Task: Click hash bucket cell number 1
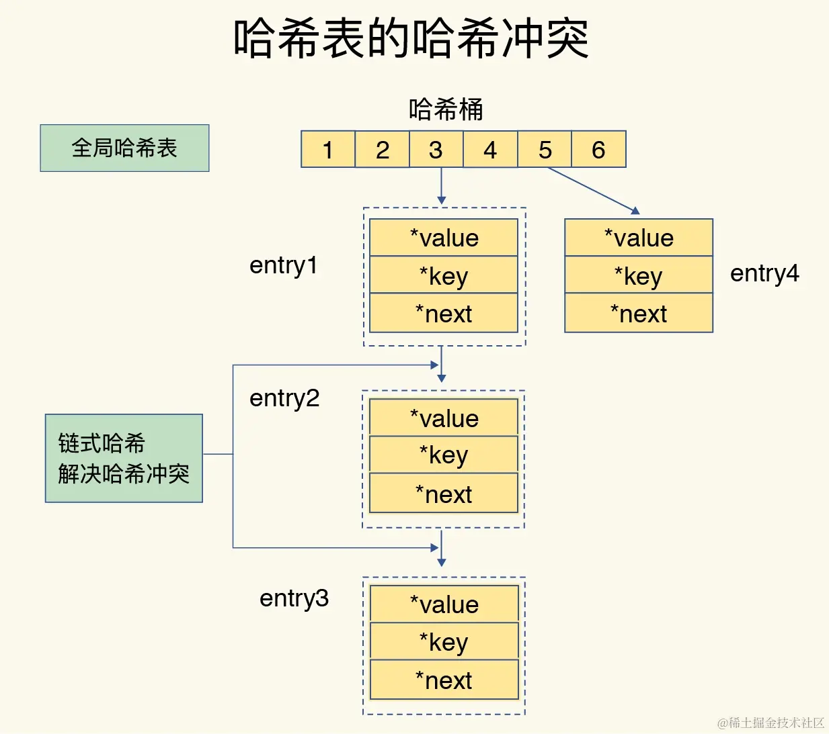tap(328, 149)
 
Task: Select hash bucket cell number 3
tap(436, 149)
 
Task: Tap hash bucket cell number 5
tap(545, 149)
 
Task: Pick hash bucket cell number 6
tap(598, 149)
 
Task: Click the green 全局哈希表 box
tap(124, 148)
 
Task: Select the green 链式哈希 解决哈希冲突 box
tap(124, 458)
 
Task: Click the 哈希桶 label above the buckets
tap(446, 109)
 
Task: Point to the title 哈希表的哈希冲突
tap(411, 38)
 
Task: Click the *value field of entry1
tap(444, 238)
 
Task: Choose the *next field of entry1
tap(444, 314)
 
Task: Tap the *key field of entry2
tap(444, 455)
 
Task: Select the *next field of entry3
tap(444, 680)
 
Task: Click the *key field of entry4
tap(639, 275)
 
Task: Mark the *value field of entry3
tap(444, 604)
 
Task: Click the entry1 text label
tap(283, 265)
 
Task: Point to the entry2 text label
tap(284, 398)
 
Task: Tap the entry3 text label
tap(294, 598)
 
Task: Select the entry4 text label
tap(764, 273)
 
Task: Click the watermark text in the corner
tap(771, 723)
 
